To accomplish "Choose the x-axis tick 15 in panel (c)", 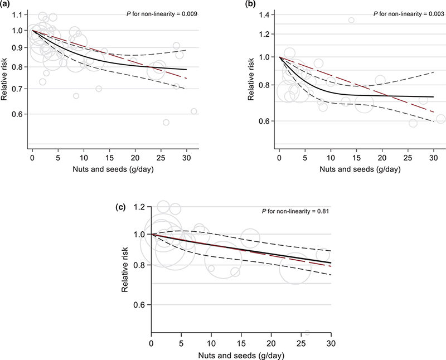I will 241,349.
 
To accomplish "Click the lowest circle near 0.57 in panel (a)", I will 166,123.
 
